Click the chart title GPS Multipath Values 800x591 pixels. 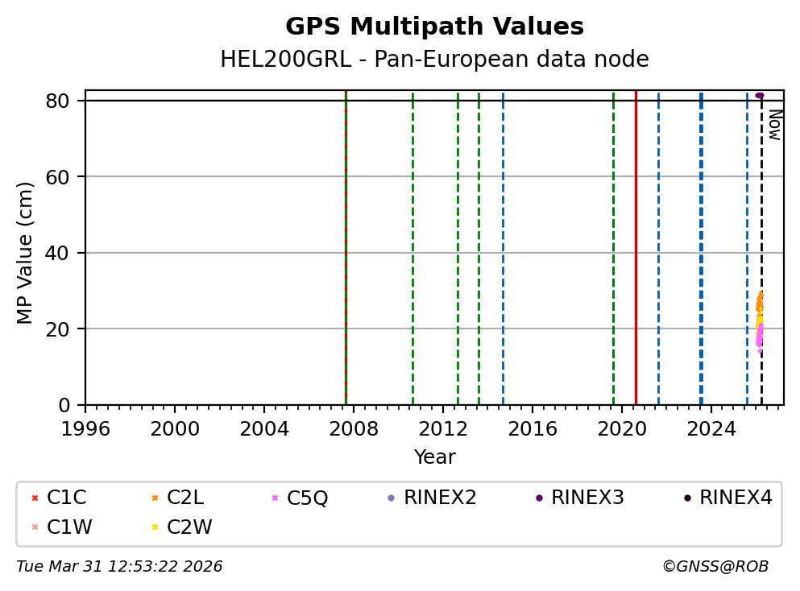point(434,27)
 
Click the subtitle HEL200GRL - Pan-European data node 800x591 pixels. point(434,60)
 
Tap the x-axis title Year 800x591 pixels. point(434,457)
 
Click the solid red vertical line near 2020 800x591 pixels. point(636,242)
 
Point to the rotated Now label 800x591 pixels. point(774,125)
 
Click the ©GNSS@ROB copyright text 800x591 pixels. point(715,567)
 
